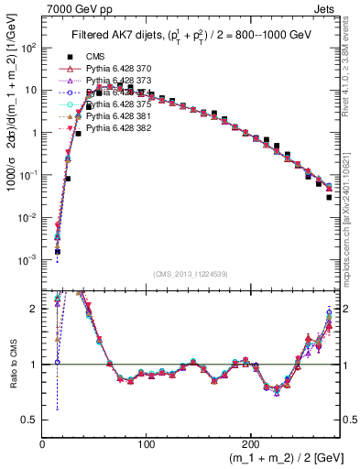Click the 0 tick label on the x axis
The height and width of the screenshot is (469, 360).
click(43, 442)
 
